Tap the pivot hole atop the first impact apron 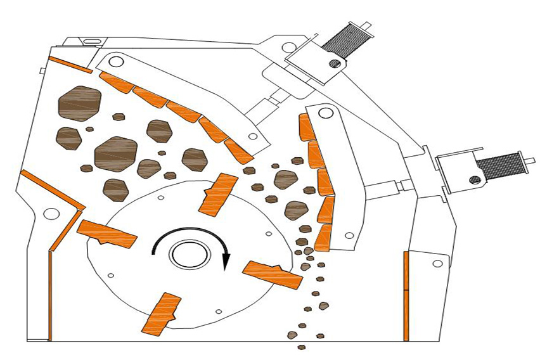(115, 62)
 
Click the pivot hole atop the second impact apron (326, 113)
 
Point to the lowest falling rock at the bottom (302, 347)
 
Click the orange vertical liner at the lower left (49, 295)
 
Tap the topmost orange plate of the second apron (307, 127)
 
